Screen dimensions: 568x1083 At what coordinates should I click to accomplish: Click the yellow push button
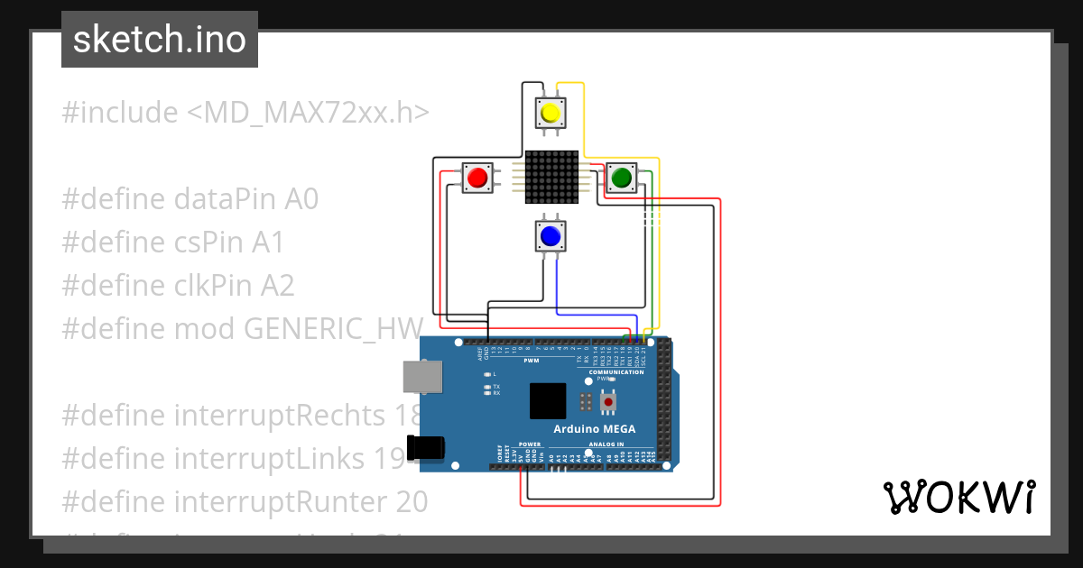[x=551, y=113]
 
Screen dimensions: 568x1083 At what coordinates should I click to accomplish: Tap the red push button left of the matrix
[x=477, y=178]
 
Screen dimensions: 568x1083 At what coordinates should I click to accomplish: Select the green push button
[x=620, y=179]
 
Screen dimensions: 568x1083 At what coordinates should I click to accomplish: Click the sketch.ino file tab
[x=160, y=40]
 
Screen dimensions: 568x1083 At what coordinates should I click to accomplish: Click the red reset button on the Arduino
[x=609, y=400]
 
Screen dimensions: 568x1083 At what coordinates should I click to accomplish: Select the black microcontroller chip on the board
[x=548, y=401]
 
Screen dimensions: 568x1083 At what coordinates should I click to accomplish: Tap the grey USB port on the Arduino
[x=422, y=376]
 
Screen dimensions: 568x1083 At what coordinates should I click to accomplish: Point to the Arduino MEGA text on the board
[x=596, y=429]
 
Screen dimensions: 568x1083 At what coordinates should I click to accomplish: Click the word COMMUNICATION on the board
[x=616, y=371]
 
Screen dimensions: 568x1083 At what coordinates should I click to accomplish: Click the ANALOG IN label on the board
[x=607, y=444]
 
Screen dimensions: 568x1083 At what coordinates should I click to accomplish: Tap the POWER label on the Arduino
[x=530, y=444]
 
